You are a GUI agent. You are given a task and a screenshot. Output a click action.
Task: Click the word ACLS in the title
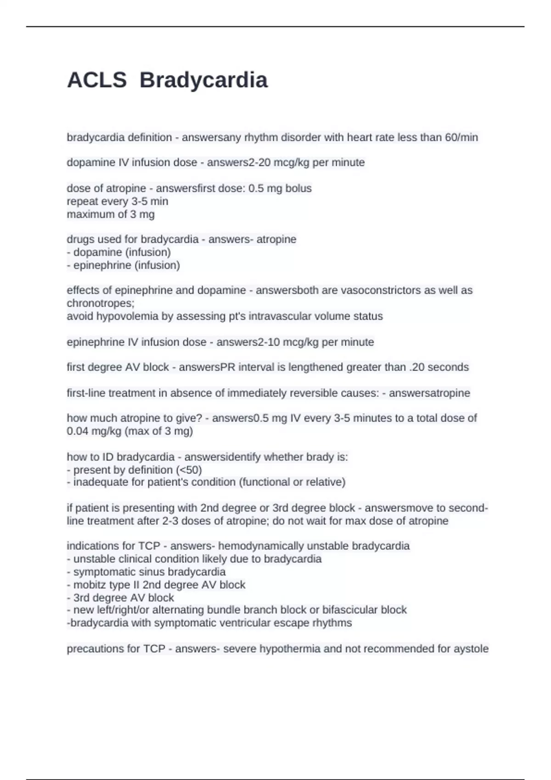[x=97, y=80]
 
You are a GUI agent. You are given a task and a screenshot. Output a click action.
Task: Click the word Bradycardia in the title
[x=203, y=80]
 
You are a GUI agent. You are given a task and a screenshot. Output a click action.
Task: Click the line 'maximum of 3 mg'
[x=111, y=214]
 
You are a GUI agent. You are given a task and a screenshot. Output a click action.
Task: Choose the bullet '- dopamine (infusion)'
[x=119, y=252]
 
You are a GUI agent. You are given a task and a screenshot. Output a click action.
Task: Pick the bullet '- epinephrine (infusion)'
[x=124, y=265]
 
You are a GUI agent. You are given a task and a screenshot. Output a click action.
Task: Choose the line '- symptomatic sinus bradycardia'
[x=146, y=572]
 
